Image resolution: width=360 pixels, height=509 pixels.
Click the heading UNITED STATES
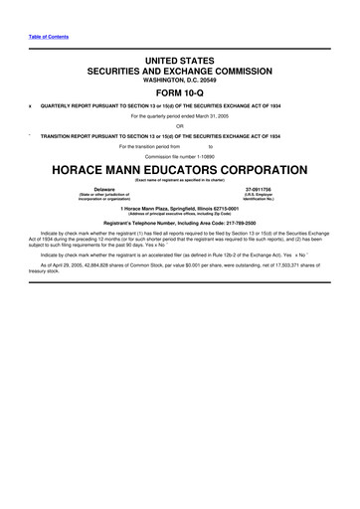(x=179, y=62)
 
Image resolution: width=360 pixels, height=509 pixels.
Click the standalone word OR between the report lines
(x=179, y=125)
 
